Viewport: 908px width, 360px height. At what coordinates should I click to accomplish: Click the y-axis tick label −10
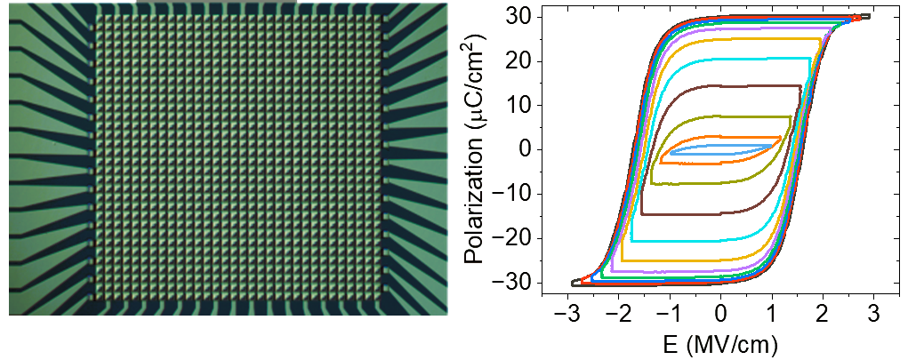tap(518, 194)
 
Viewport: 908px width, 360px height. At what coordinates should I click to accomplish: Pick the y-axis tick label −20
tap(518, 238)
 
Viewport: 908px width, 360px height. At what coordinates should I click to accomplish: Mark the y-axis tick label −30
tap(518, 283)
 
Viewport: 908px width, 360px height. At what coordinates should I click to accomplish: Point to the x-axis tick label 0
tap(721, 314)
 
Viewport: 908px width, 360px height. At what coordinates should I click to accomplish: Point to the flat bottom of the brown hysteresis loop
tap(694, 212)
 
